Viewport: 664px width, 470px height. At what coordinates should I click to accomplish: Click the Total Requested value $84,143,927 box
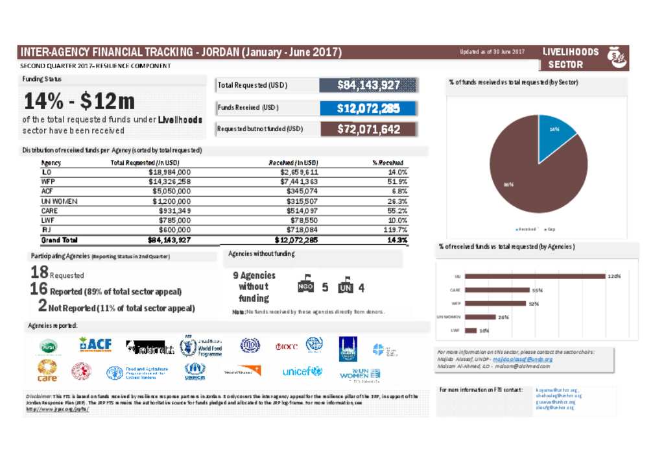click(x=368, y=85)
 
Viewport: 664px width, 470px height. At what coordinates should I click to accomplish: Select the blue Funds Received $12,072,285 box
click(x=368, y=108)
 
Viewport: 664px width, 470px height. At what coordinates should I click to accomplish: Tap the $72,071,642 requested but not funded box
click(x=368, y=129)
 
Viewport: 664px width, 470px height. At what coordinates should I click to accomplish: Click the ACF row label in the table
click(x=47, y=192)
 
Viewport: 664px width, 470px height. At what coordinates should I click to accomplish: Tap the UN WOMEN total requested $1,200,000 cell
click(x=170, y=201)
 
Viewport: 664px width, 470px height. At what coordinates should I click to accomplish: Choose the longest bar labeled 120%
click(x=535, y=276)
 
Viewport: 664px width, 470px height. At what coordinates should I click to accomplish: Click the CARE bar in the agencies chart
click(x=497, y=290)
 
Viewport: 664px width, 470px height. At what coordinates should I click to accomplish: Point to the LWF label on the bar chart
click(x=456, y=330)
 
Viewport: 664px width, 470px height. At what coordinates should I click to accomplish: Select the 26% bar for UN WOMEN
click(x=480, y=317)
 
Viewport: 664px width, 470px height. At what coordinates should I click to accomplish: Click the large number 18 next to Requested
click(x=39, y=273)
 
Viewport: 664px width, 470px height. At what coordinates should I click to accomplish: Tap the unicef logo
click(x=302, y=372)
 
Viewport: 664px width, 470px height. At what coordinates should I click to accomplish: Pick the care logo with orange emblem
click(x=47, y=371)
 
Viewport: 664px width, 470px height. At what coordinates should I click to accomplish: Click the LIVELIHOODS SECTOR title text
click(x=570, y=58)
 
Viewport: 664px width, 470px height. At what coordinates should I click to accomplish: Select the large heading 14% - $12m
click(x=79, y=101)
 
